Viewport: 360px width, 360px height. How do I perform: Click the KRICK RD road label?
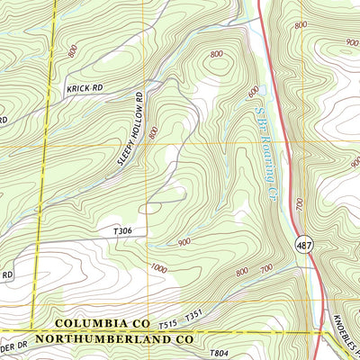(x=84, y=89)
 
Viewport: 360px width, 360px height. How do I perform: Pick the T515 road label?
(x=168, y=322)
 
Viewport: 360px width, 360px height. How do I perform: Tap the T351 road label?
(x=194, y=317)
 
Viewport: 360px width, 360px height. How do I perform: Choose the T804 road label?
(x=220, y=354)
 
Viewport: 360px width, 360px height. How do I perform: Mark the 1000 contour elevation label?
(x=159, y=268)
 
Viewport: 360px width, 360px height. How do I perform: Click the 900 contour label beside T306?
(x=185, y=242)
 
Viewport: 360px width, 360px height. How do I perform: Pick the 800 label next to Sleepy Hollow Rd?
(x=154, y=132)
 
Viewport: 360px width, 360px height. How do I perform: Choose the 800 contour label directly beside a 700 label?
(x=241, y=272)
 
